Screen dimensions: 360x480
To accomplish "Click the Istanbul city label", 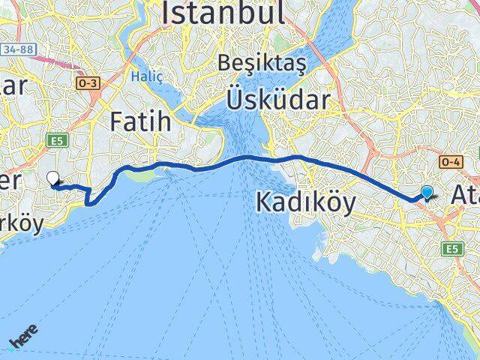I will (223, 13).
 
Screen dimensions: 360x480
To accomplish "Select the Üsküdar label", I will (278, 100).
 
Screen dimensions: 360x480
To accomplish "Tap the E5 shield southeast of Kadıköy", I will (451, 247).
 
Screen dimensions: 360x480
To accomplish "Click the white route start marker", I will (53, 178).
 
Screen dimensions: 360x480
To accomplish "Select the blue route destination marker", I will (427, 193).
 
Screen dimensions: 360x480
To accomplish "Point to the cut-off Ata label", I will (465, 195).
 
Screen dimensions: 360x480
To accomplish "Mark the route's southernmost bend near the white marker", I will (90, 201).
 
